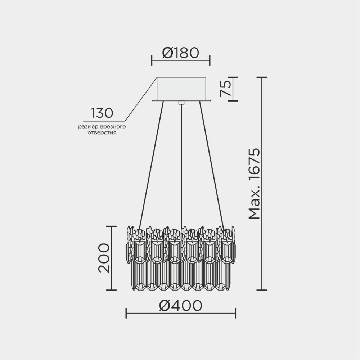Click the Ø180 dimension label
pos(180,53)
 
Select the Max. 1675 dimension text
pos(254,184)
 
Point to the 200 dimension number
pos(103,258)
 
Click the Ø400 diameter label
pos(180,306)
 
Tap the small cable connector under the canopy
pos(181,103)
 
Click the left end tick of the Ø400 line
pos(126,313)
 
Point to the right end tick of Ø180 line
pos(210,60)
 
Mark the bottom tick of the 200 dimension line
pos(112,290)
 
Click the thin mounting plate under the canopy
pos(181,100)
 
